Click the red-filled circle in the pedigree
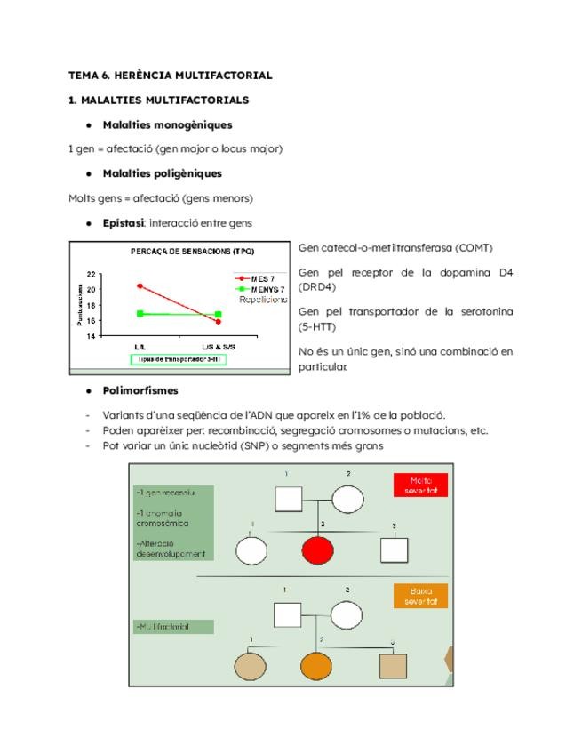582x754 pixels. pyautogui.click(x=317, y=550)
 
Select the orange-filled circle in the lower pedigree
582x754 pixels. pyautogui.click(x=316, y=666)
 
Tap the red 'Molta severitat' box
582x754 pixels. pyautogui.click(x=420, y=485)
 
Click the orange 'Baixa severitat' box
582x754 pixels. pyautogui.click(x=420, y=596)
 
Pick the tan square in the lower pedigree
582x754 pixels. pyautogui.click(x=393, y=666)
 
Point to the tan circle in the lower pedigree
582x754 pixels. pyautogui.click(x=251, y=666)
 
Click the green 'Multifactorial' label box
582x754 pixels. pyautogui.click(x=174, y=627)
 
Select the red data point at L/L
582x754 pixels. pyautogui.click(x=140, y=286)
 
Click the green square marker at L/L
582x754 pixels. pyautogui.click(x=140, y=314)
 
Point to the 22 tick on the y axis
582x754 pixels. pyautogui.click(x=92, y=275)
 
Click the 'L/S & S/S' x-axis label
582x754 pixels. pyautogui.click(x=218, y=346)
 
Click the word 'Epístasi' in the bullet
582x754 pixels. pyautogui.click(x=123, y=223)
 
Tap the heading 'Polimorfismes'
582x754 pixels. pyautogui.click(x=140, y=390)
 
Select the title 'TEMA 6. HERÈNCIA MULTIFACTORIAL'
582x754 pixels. pyautogui.click(x=171, y=76)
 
